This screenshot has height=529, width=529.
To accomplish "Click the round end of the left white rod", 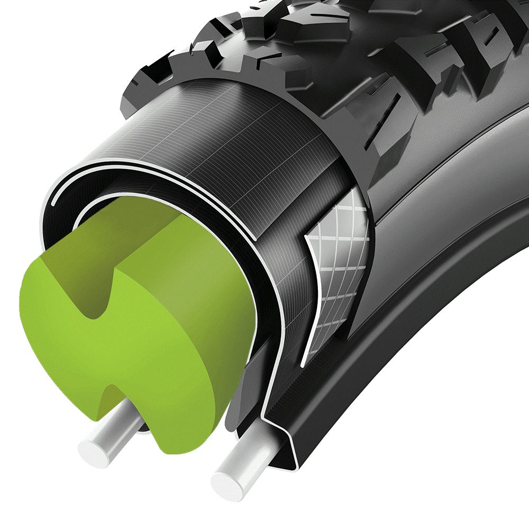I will tap(93, 451).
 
